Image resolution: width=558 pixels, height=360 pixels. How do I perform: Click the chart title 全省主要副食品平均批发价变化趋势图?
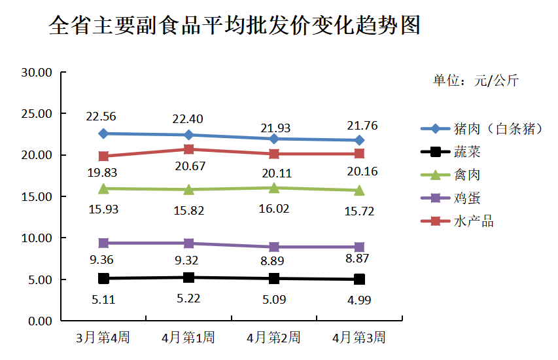[234, 26]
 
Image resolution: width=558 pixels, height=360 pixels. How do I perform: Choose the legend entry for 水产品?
[473, 221]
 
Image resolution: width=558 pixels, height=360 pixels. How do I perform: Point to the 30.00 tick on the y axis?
[37, 72]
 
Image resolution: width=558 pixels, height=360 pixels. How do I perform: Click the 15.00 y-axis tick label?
[37, 196]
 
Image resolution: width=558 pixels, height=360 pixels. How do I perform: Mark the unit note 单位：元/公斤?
[476, 81]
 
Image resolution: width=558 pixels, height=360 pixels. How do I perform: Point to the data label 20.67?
[188, 166]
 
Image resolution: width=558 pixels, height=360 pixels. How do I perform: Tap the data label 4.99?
[358, 300]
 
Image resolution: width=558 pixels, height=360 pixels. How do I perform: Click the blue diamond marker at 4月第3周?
[359, 140]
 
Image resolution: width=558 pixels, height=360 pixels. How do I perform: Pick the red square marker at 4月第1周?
[188, 149]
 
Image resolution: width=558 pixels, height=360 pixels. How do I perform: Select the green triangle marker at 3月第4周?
[103, 189]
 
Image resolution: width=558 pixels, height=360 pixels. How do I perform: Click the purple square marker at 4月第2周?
[274, 247]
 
